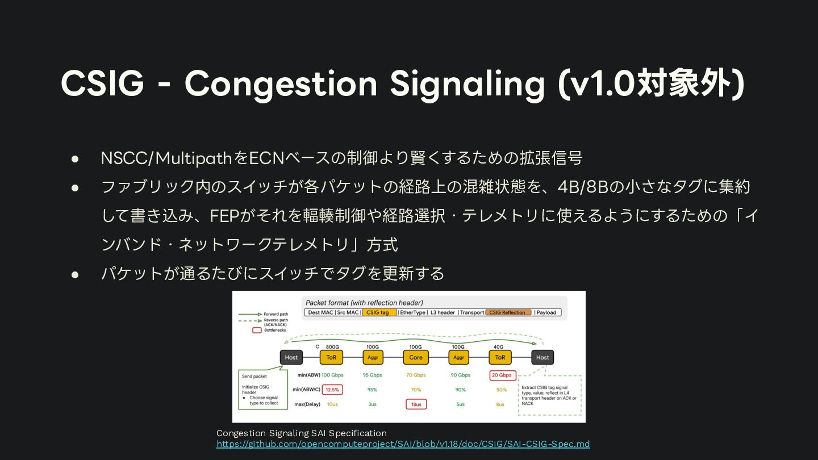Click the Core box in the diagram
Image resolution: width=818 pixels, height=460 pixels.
coord(416,357)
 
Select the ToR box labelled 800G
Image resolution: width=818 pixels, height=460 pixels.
coord(331,357)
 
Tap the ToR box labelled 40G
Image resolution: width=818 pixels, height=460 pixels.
coord(500,357)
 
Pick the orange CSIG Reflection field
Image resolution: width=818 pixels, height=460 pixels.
coord(509,312)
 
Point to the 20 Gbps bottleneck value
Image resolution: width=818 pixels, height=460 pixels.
coord(502,375)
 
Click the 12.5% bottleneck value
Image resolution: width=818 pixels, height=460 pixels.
coord(332,390)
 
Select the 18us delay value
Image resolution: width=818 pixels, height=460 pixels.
coord(416,404)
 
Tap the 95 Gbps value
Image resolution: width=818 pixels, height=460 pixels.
coord(373,375)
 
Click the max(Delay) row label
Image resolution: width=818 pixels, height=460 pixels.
coord(307,404)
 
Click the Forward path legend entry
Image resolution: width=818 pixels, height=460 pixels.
coord(276,314)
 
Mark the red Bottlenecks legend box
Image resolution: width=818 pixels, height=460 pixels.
coord(257,330)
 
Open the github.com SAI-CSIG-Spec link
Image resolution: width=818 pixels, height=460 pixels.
coord(403,444)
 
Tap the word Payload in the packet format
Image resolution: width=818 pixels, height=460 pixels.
coord(546,312)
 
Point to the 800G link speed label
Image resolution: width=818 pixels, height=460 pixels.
coord(332,346)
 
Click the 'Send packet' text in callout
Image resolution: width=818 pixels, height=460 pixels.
coord(254,377)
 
